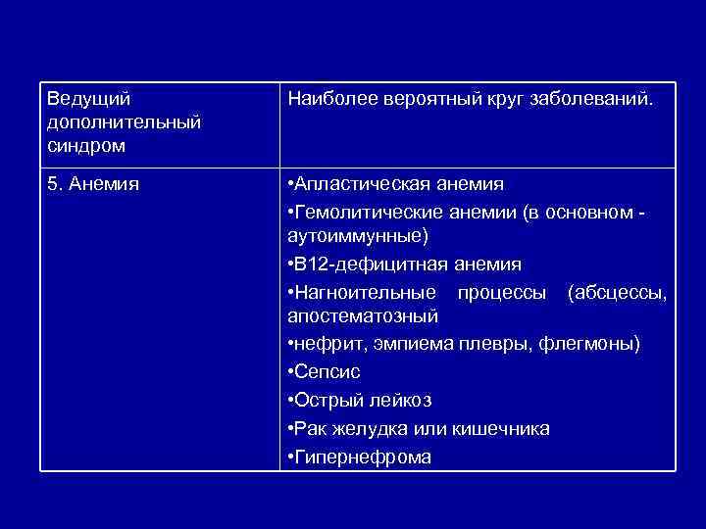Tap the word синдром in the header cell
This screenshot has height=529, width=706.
85,145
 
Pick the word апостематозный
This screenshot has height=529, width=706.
362,317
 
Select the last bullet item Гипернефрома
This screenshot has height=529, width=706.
362,457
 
